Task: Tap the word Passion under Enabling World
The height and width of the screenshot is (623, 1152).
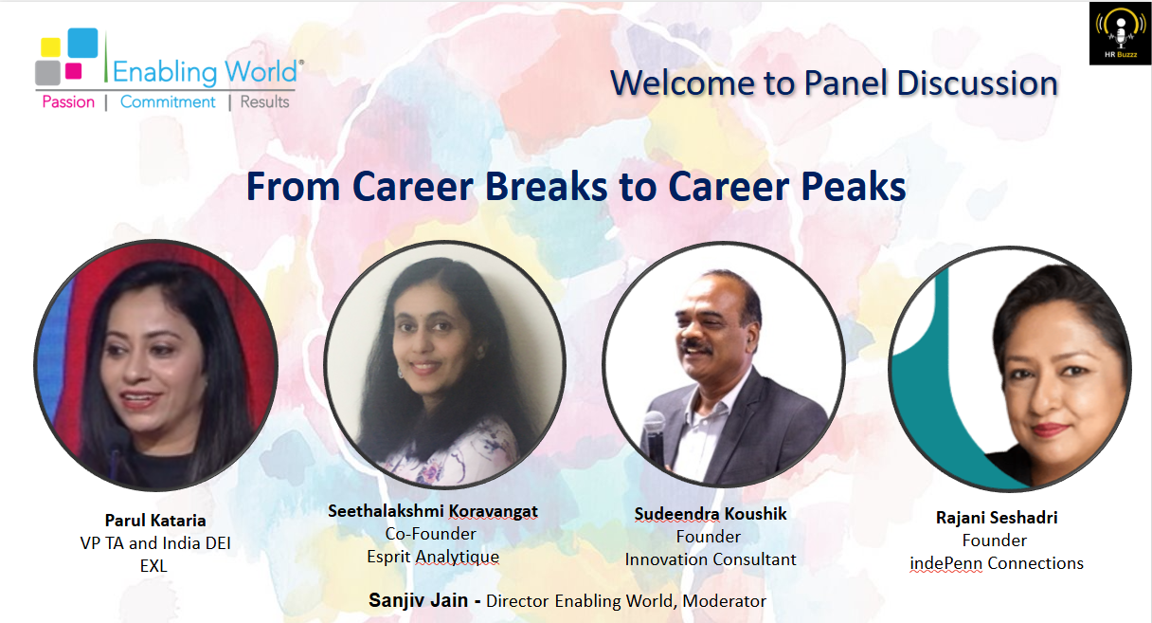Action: pos(68,102)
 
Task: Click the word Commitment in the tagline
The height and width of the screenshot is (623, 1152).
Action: pos(168,102)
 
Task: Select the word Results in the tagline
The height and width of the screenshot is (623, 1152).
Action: pos(265,102)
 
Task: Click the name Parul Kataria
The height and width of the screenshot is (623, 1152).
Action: pos(155,521)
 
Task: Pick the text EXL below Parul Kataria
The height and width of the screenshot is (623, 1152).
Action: pos(155,565)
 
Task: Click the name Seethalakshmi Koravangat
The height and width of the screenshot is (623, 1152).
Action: pos(433,511)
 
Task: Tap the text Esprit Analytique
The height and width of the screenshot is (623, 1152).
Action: pos(433,557)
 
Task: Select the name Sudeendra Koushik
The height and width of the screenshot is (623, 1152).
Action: pos(711,514)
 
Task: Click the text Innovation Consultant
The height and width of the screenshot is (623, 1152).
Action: pos(711,559)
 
